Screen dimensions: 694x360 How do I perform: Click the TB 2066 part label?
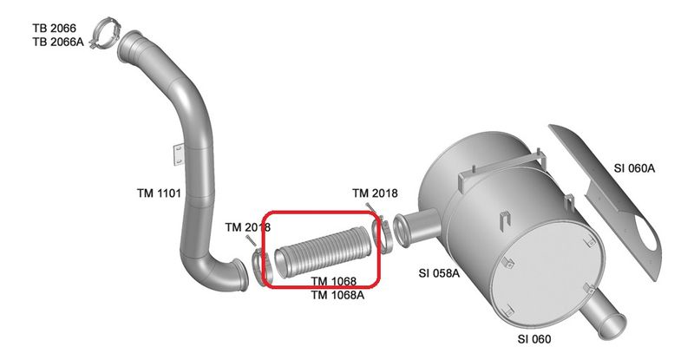tap(54, 29)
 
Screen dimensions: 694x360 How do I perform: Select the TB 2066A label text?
tap(58, 43)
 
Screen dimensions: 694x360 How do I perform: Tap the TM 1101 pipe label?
tap(159, 193)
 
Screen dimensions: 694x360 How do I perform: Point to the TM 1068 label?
tap(334, 281)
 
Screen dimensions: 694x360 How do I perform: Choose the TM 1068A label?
tap(337, 295)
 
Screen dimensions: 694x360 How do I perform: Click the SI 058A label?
tap(439, 273)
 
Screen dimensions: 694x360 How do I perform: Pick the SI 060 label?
tap(534, 339)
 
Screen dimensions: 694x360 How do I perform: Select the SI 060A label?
tap(634, 168)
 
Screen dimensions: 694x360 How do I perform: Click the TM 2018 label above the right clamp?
tap(375, 193)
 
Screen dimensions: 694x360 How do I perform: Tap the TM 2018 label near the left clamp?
tap(247, 227)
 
